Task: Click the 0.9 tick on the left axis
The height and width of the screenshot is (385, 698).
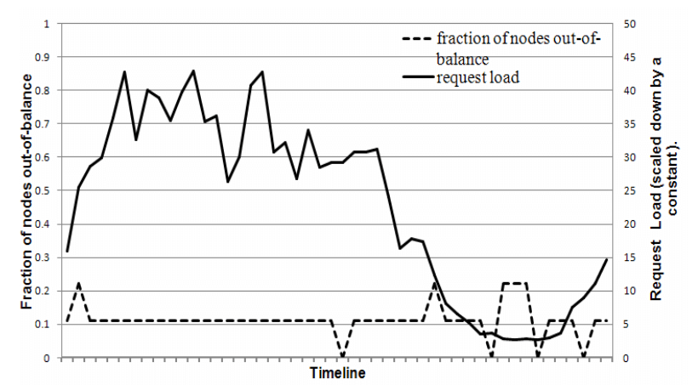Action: (44, 57)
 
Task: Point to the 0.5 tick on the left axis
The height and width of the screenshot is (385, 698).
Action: (44, 190)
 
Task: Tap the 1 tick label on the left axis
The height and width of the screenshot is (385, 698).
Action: (49, 23)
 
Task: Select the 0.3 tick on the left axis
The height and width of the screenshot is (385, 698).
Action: (44, 257)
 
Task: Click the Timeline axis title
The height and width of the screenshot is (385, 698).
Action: (337, 373)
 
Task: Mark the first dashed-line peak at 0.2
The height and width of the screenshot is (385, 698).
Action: (78, 283)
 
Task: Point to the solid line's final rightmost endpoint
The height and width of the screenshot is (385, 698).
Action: (607, 258)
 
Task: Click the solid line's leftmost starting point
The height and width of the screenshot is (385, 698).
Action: (67, 252)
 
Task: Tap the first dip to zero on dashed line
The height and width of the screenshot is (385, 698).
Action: (342, 357)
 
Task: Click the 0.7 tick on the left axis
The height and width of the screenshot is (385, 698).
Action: (44, 123)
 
